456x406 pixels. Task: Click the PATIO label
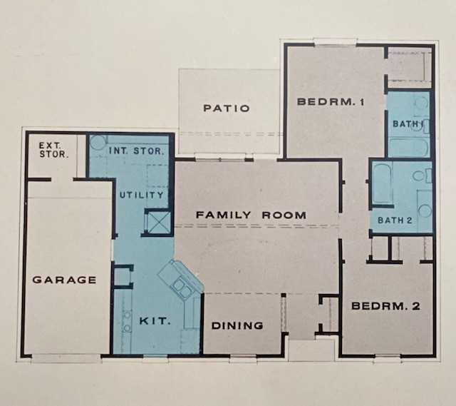click(227, 108)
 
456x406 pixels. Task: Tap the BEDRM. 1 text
click(331, 102)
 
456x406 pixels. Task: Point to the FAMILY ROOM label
click(251, 215)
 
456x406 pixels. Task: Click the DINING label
click(238, 325)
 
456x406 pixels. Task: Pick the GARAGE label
click(65, 280)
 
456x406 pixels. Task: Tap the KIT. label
click(155, 321)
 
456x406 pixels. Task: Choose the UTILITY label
click(141, 195)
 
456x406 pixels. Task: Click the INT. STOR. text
click(137, 151)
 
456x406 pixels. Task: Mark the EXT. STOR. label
click(50, 149)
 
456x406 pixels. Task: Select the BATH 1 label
click(408, 124)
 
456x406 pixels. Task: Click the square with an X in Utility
click(157, 221)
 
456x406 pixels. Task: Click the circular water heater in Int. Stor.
click(98, 143)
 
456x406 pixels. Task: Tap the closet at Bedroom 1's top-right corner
click(409, 67)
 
